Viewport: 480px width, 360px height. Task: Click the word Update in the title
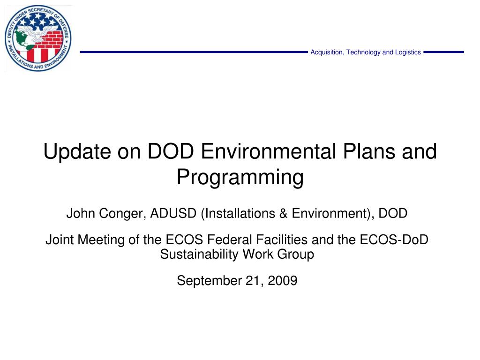click(x=77, y=151)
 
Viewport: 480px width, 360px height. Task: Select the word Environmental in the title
click(x=269, y=151)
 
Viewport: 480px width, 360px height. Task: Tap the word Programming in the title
click(x=240, y=177)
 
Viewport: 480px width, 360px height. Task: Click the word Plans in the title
click(x=368, y=151)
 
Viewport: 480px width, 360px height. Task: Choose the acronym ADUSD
click(x=173, y=213)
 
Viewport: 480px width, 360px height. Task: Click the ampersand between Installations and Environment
click(x=283, y=213)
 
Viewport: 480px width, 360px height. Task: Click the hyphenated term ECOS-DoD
click(x=394, y=240)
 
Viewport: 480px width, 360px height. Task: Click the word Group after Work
click(x=295, y=255)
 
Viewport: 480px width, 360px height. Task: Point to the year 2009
click(x=282, y=281)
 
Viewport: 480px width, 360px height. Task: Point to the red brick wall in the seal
click(x=52, y=39)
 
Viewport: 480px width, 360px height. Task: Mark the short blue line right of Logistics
click(x=443, y=52)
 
